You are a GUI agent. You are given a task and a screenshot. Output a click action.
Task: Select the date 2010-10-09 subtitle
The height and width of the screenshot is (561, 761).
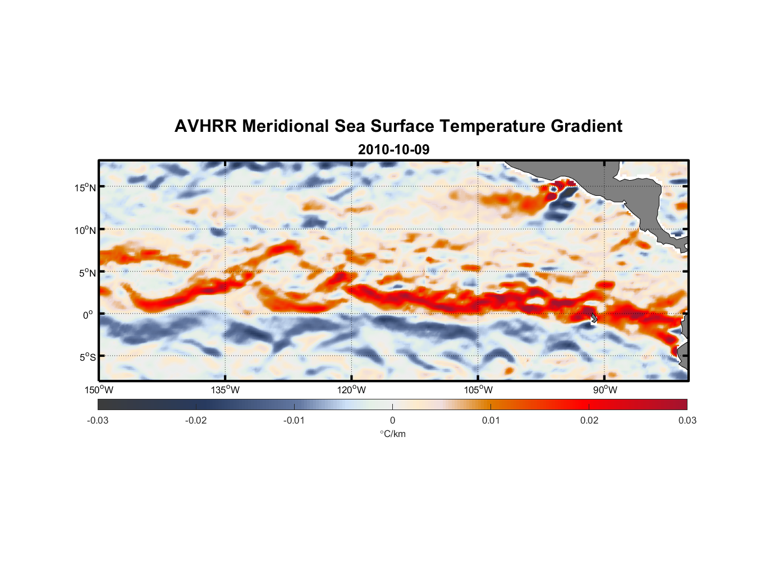(393, 150)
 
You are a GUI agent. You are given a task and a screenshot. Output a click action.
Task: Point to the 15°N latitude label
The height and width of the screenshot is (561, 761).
(85, 187)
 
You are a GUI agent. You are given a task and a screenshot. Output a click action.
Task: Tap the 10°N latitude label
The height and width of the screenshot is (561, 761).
(85, 230)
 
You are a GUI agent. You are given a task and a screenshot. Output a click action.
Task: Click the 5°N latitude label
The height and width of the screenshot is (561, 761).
(87, 273)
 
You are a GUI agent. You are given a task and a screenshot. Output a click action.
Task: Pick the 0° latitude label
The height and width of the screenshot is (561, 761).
(88, 315)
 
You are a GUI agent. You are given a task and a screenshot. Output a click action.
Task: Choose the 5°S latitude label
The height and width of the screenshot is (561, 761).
(87, 357)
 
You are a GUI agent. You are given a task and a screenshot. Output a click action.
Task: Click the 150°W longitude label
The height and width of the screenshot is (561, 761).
(99, 390)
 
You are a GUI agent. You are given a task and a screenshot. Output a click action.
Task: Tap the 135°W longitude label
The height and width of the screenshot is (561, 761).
(226, 390)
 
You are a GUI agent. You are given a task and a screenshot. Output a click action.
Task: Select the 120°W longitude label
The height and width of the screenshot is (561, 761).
(352, 390)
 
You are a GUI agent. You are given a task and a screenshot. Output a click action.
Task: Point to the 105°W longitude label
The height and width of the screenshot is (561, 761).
(478, 390)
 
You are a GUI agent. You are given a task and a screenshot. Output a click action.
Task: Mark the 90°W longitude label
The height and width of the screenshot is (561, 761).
(605, 390)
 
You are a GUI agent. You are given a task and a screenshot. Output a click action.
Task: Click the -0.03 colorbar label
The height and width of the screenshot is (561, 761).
(98, 421)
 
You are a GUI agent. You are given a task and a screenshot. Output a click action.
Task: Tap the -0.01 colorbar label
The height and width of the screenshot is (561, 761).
(294, 421)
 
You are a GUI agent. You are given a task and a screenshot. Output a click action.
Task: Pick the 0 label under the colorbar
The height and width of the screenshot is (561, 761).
(392, 421)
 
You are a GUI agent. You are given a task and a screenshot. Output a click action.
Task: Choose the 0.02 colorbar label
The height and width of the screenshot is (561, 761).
(589, 421)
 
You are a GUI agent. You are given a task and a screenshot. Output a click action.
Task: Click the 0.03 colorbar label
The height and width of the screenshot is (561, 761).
(687, 421)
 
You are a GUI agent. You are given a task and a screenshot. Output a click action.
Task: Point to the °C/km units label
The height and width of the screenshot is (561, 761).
(393, 434)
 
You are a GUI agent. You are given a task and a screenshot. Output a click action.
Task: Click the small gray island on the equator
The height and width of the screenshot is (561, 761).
(594, 318)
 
